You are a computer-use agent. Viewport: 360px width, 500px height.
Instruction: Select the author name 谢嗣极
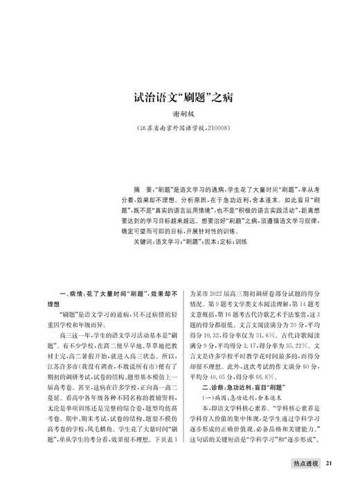[180, 116]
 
